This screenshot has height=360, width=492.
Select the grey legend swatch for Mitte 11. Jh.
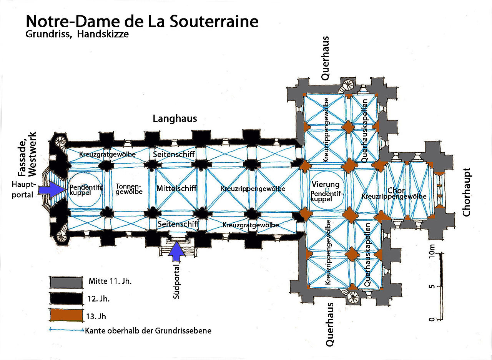tap(66, 282)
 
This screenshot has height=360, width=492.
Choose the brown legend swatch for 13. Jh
tap(66, 316)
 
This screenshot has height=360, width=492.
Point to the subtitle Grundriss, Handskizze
tap(77, 34)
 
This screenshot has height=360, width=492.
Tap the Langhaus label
tap(175, 118)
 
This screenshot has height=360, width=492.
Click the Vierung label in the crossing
tap(326, 184)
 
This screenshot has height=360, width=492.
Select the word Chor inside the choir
tap(396, 190)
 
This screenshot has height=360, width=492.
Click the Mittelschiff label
tap(176, 188)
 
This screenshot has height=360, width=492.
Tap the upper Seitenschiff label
tap(174, 154)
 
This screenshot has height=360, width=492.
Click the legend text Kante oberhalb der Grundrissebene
tap(148, 330)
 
